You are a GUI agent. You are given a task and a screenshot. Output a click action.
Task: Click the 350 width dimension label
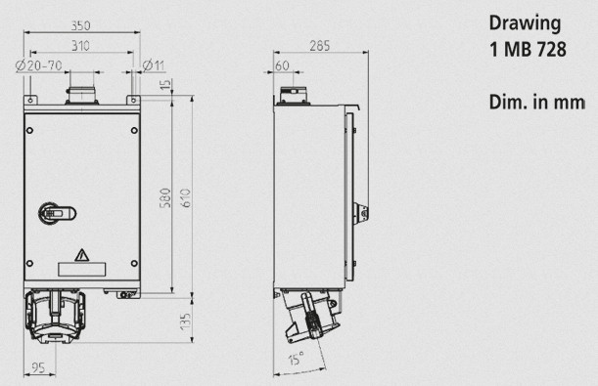coord(81,25)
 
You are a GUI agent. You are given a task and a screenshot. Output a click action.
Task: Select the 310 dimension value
coord(80,46)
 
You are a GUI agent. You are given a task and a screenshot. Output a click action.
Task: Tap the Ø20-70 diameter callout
coord(38,65)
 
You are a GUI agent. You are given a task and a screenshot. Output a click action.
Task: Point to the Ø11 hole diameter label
coord(154,65)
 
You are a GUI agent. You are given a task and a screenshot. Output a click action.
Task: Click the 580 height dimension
coord(165,198)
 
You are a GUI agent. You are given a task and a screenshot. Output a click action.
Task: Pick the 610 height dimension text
coord(185,198)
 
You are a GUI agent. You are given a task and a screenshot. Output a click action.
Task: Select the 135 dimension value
coord(185,322)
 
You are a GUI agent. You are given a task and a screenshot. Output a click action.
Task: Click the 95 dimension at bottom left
coord(38,367)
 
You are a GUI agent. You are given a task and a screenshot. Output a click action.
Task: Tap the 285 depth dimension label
coord(320,46)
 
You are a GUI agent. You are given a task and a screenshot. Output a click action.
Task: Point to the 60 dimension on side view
coord(282,65)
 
